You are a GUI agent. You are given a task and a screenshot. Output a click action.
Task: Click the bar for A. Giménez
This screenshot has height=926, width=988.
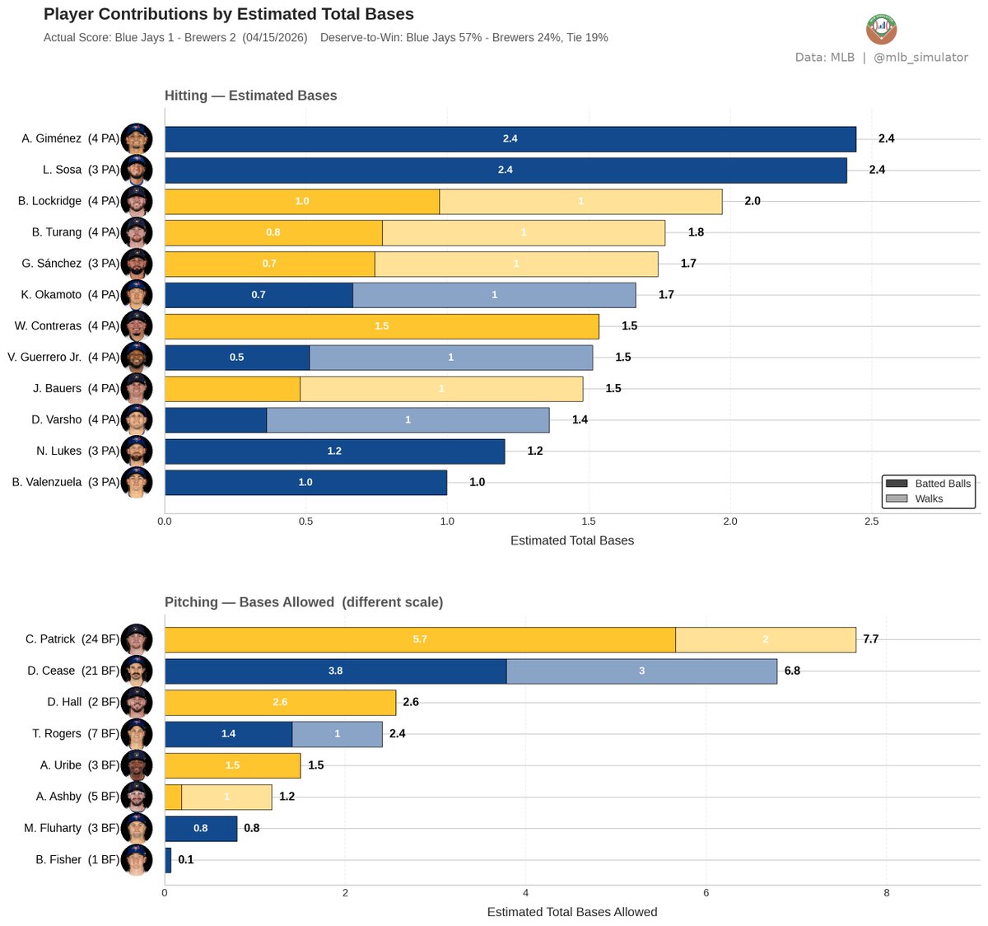(510, 139)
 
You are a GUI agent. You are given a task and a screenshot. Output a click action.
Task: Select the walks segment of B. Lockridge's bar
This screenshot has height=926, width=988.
(580, 202)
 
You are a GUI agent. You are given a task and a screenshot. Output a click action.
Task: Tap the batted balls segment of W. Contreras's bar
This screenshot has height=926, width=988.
(382, 326)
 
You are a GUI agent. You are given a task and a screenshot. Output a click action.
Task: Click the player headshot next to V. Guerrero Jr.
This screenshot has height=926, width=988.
(137, 358)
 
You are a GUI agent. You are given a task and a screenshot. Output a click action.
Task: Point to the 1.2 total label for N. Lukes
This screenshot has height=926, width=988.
(535, 451)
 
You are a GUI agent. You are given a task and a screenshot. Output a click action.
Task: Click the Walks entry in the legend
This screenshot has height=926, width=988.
(929, 498)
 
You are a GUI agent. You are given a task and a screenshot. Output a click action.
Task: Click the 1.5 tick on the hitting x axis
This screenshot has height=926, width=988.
(589, 521)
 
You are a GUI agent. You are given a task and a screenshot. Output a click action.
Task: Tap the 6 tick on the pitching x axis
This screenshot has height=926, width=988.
(706, 893)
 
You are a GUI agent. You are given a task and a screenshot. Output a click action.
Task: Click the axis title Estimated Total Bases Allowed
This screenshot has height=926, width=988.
(572, 912)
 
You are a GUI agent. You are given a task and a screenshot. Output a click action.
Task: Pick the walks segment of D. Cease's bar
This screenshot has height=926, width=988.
(641, 671)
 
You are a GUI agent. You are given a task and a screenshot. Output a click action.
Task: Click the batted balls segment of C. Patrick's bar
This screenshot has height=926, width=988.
(420, 639)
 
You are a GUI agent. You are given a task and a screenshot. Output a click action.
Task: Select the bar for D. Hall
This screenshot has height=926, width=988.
(280, 703)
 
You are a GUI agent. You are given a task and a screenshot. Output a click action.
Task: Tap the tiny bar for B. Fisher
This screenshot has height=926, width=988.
(168, 860)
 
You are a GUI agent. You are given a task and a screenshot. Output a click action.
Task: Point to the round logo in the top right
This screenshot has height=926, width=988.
(882, 29)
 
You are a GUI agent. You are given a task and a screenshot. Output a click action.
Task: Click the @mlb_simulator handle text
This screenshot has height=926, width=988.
(920, 58)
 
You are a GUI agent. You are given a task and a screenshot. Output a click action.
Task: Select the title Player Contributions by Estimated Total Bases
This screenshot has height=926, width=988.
(229, 14)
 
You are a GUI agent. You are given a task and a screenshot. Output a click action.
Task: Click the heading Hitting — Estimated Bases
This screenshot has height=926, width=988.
(251, 96)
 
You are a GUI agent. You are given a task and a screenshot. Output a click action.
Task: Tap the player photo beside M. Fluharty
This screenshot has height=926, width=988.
(137, 829)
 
